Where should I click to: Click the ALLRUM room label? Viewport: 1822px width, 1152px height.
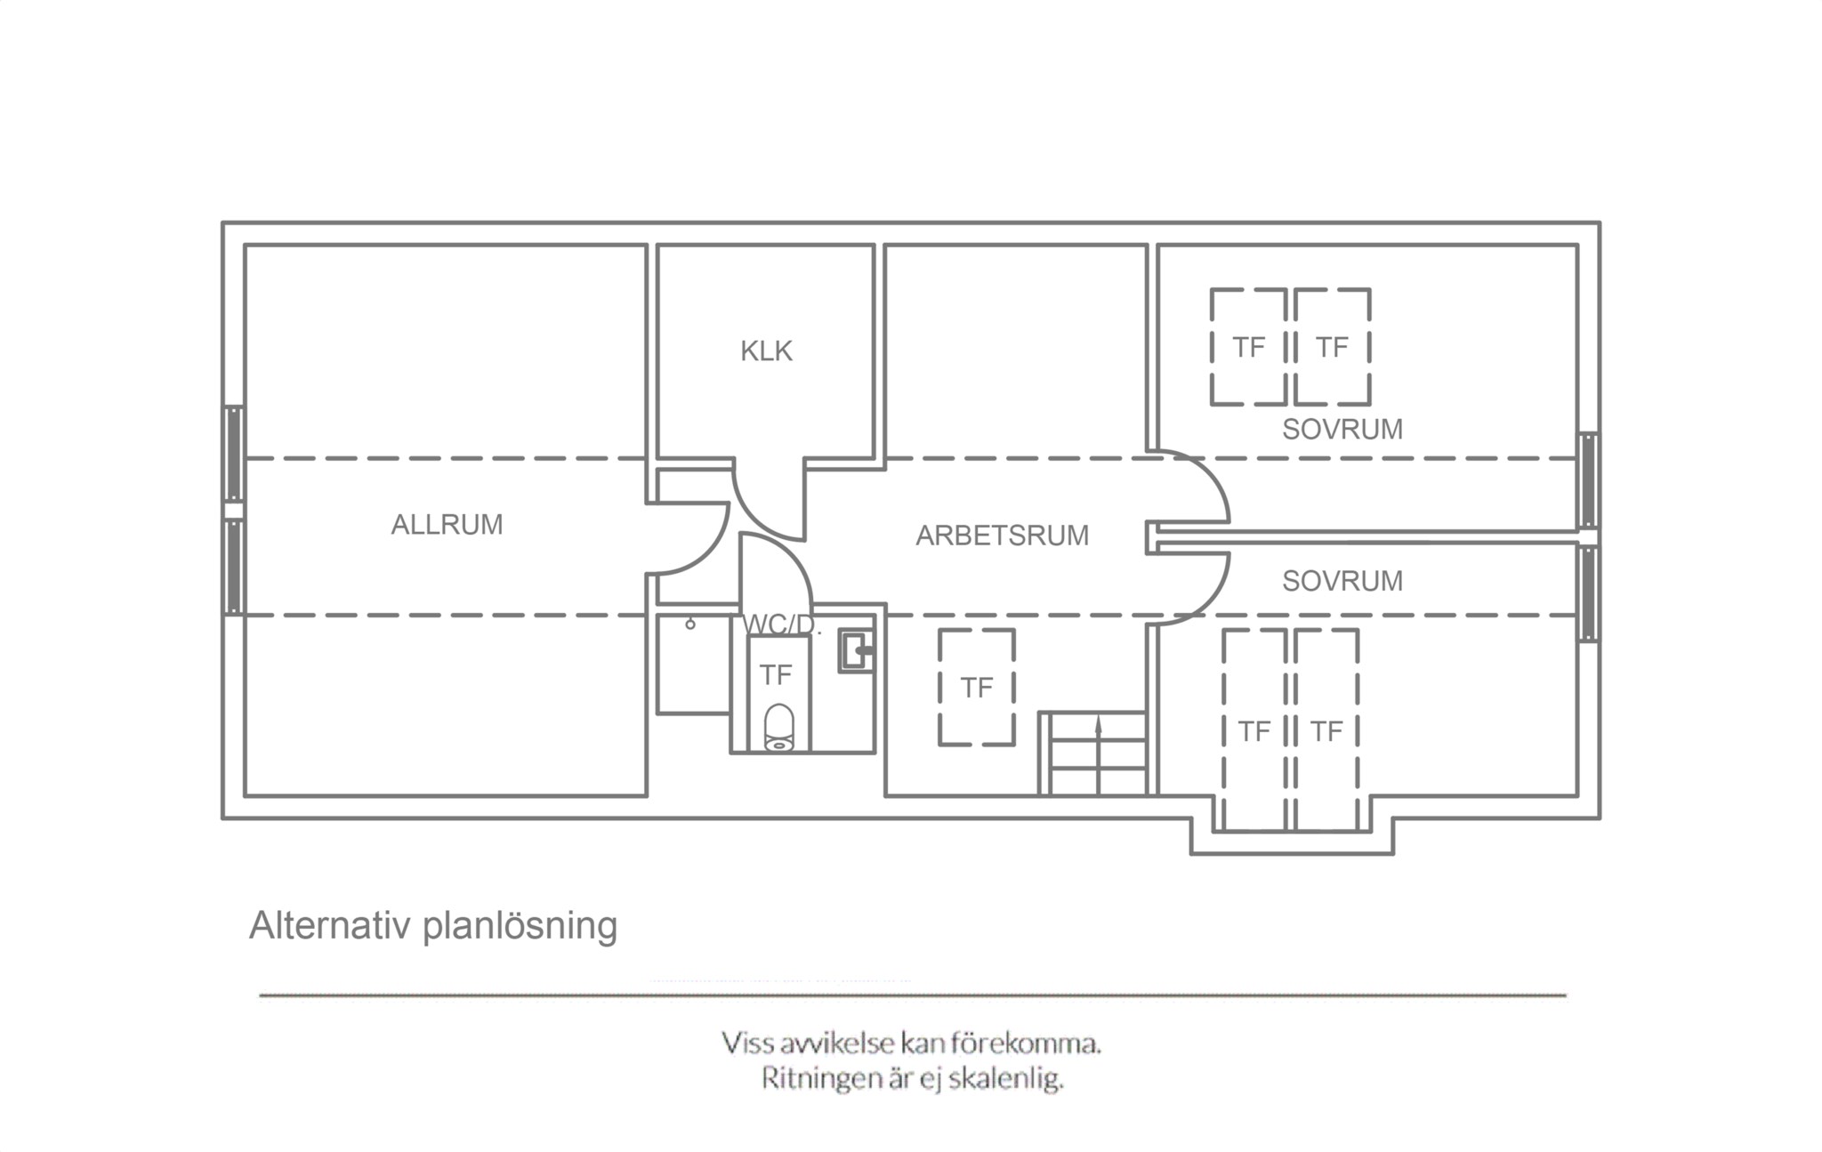point(447,525)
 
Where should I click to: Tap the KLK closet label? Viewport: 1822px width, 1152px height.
point(766,351)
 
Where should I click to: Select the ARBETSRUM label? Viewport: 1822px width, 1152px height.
point(1002,536)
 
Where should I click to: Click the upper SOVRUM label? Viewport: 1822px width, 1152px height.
point(1342,430)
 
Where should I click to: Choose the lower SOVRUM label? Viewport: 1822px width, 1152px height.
point(1342,581)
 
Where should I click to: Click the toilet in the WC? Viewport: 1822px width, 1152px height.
point(779,728)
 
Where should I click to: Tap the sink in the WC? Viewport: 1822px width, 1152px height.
point(856,652)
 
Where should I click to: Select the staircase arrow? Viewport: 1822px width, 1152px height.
point(1098,756)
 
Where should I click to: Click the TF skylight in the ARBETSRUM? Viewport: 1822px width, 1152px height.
point(977,687)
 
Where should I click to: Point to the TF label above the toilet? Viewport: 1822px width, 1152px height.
point(776,676)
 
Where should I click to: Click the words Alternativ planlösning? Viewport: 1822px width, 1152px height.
point(433,926)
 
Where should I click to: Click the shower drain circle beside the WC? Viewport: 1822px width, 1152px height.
point(690,624)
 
